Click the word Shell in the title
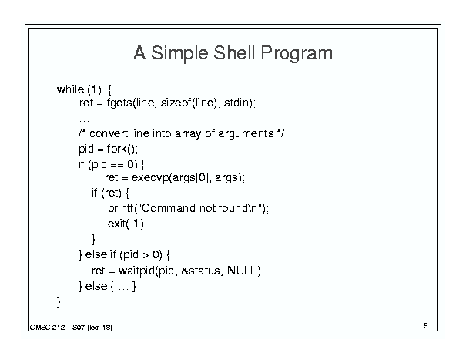coord(234,53)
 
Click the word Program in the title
coord(297,54)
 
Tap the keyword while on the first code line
coord(70,89)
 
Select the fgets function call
coord(119,103)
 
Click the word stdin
coord(236,103)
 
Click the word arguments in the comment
coord(246,134)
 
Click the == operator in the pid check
coord(117,164)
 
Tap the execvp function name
coord(150,178)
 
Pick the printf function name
coord(120,209)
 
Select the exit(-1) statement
coord(127,224)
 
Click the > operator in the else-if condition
coord(146,255)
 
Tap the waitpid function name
coord(137,271)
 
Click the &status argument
coord(201,271)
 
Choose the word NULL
coord(242,271)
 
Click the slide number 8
coord(426,326)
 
